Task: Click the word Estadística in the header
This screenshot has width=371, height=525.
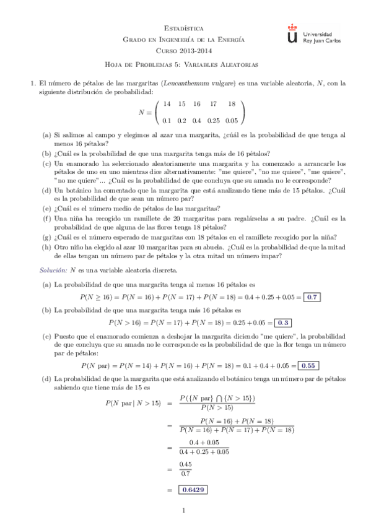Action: pos(185,28)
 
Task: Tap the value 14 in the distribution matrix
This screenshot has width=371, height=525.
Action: pos(167,104)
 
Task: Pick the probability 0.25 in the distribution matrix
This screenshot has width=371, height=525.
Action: pos(214,120)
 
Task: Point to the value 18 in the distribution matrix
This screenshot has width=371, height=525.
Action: pos(232,104)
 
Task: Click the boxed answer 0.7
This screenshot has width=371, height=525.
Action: pos(312,297)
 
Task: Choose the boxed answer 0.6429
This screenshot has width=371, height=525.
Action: pos(193,490)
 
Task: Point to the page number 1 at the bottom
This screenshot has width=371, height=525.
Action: pos(185,510)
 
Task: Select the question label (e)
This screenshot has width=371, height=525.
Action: pos(46,209)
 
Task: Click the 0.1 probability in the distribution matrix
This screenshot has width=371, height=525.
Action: pos(167,120)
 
